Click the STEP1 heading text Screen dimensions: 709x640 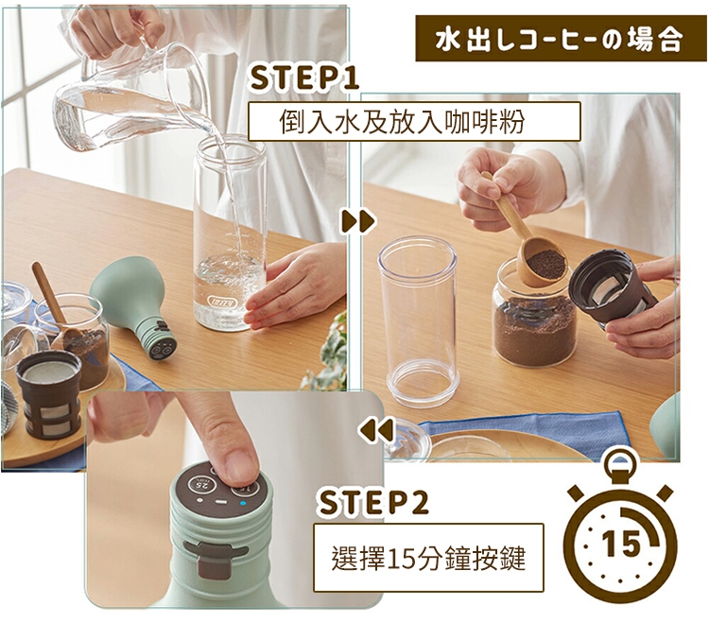(x=303, y=78)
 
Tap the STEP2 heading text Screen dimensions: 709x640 (x=372, y=503)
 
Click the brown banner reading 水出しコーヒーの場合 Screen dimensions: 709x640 (x=561, y=39)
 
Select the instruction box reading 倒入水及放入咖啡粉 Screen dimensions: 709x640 (x=414, y=122)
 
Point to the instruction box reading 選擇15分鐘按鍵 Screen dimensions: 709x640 (x=428, y=558)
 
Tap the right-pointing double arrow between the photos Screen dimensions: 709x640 (x=358, y=221)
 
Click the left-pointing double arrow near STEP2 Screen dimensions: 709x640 (x=376, y=430)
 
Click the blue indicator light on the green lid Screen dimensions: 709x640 (x=243, y=503)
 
